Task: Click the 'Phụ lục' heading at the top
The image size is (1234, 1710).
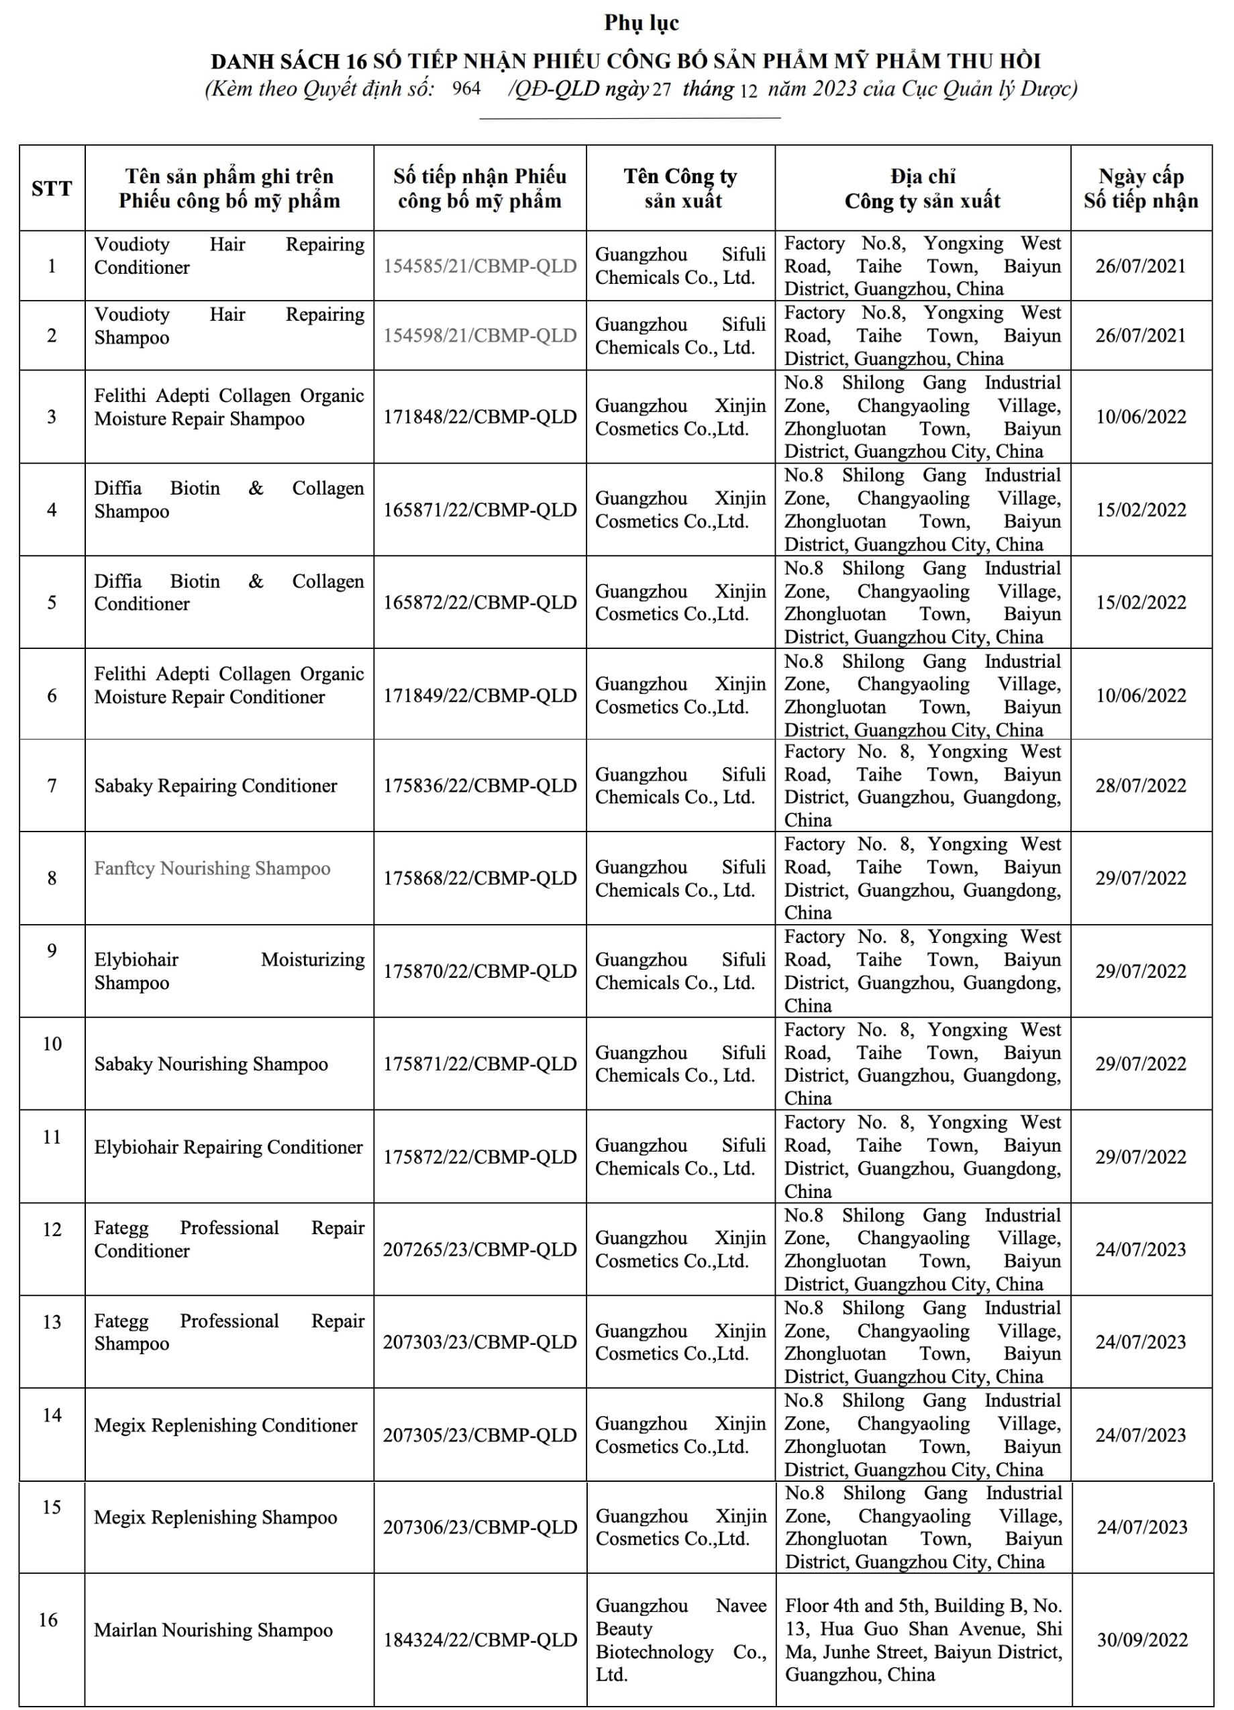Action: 641,23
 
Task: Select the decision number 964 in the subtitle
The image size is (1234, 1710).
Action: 466,89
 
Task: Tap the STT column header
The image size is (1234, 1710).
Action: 51,189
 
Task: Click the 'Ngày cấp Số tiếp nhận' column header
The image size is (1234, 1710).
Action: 1141,189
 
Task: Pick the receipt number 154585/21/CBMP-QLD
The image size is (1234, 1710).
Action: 479,266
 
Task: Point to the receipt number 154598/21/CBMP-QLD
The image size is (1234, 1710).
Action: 479,336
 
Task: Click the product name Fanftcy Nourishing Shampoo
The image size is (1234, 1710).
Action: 212,868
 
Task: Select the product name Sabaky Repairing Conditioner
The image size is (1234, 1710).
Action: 215,786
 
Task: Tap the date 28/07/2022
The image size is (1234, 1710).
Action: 1141,786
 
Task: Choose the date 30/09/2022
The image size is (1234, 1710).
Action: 1142,1640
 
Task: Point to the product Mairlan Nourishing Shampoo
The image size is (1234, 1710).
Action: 213,1630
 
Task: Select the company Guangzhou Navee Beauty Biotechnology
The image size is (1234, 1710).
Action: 680,1640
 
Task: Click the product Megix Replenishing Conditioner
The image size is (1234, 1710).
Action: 225,1425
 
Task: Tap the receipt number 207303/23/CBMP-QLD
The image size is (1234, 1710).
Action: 479,1342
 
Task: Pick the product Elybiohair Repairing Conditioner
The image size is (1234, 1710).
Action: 228,1147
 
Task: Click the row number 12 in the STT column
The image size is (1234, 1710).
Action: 51,1229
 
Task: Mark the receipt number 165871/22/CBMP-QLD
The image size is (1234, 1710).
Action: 479,509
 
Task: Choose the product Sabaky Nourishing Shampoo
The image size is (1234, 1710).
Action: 211,1064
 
